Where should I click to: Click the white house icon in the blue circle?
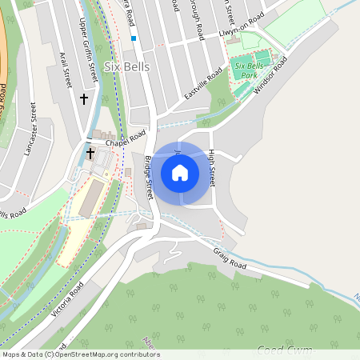(180, 172)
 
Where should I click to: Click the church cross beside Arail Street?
(84, 98)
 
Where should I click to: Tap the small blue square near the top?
(134, 38)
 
